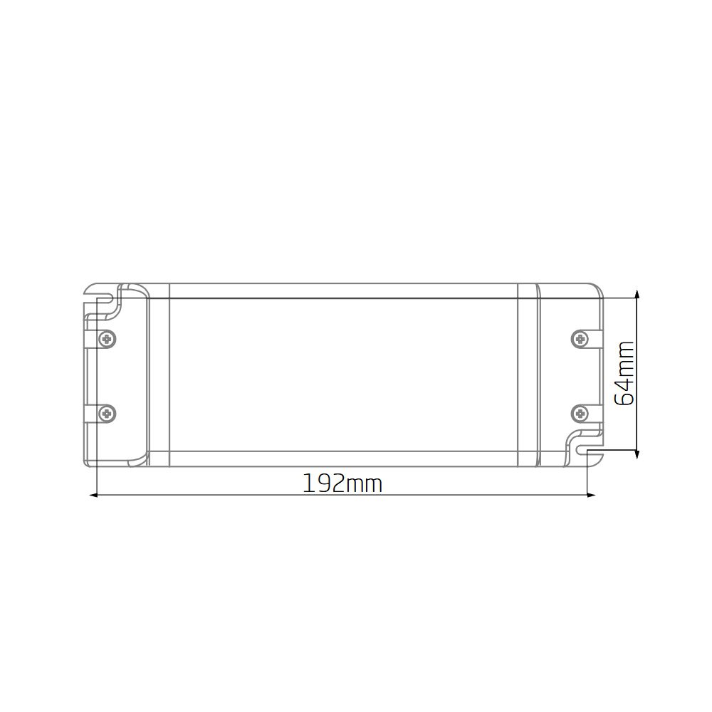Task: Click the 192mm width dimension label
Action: point(342,483)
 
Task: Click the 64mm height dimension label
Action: point(624,373)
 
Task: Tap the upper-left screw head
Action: point(108,339)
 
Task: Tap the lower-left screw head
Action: point(108,414)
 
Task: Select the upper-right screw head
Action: point(580,339)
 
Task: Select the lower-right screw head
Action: point(580,414)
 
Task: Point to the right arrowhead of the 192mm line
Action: point(591,495)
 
